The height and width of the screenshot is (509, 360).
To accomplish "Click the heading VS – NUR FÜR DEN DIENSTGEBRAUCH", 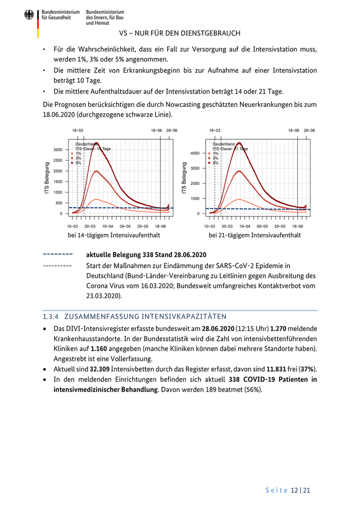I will click(179, 33).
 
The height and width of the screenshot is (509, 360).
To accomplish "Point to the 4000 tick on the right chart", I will click(194, 153).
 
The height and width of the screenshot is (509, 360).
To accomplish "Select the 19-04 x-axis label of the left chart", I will click(107, 226).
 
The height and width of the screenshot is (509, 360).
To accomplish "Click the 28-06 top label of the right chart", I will click(309, 131).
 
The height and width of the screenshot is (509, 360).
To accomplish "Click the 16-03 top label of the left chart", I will click(78, 131).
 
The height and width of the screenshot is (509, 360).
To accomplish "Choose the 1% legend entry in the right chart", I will click(214, 153).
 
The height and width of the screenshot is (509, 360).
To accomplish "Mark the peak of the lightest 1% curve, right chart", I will click(238, 199).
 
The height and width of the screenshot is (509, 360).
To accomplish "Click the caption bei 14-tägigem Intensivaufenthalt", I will click(114, 235).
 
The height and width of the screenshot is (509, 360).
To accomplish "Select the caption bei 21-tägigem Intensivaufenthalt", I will click(255, 235).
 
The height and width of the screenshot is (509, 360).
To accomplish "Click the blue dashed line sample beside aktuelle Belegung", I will click(58, 254).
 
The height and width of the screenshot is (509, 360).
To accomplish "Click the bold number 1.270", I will click(280, 328).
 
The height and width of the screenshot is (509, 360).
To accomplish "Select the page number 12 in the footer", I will click(295, 490).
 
